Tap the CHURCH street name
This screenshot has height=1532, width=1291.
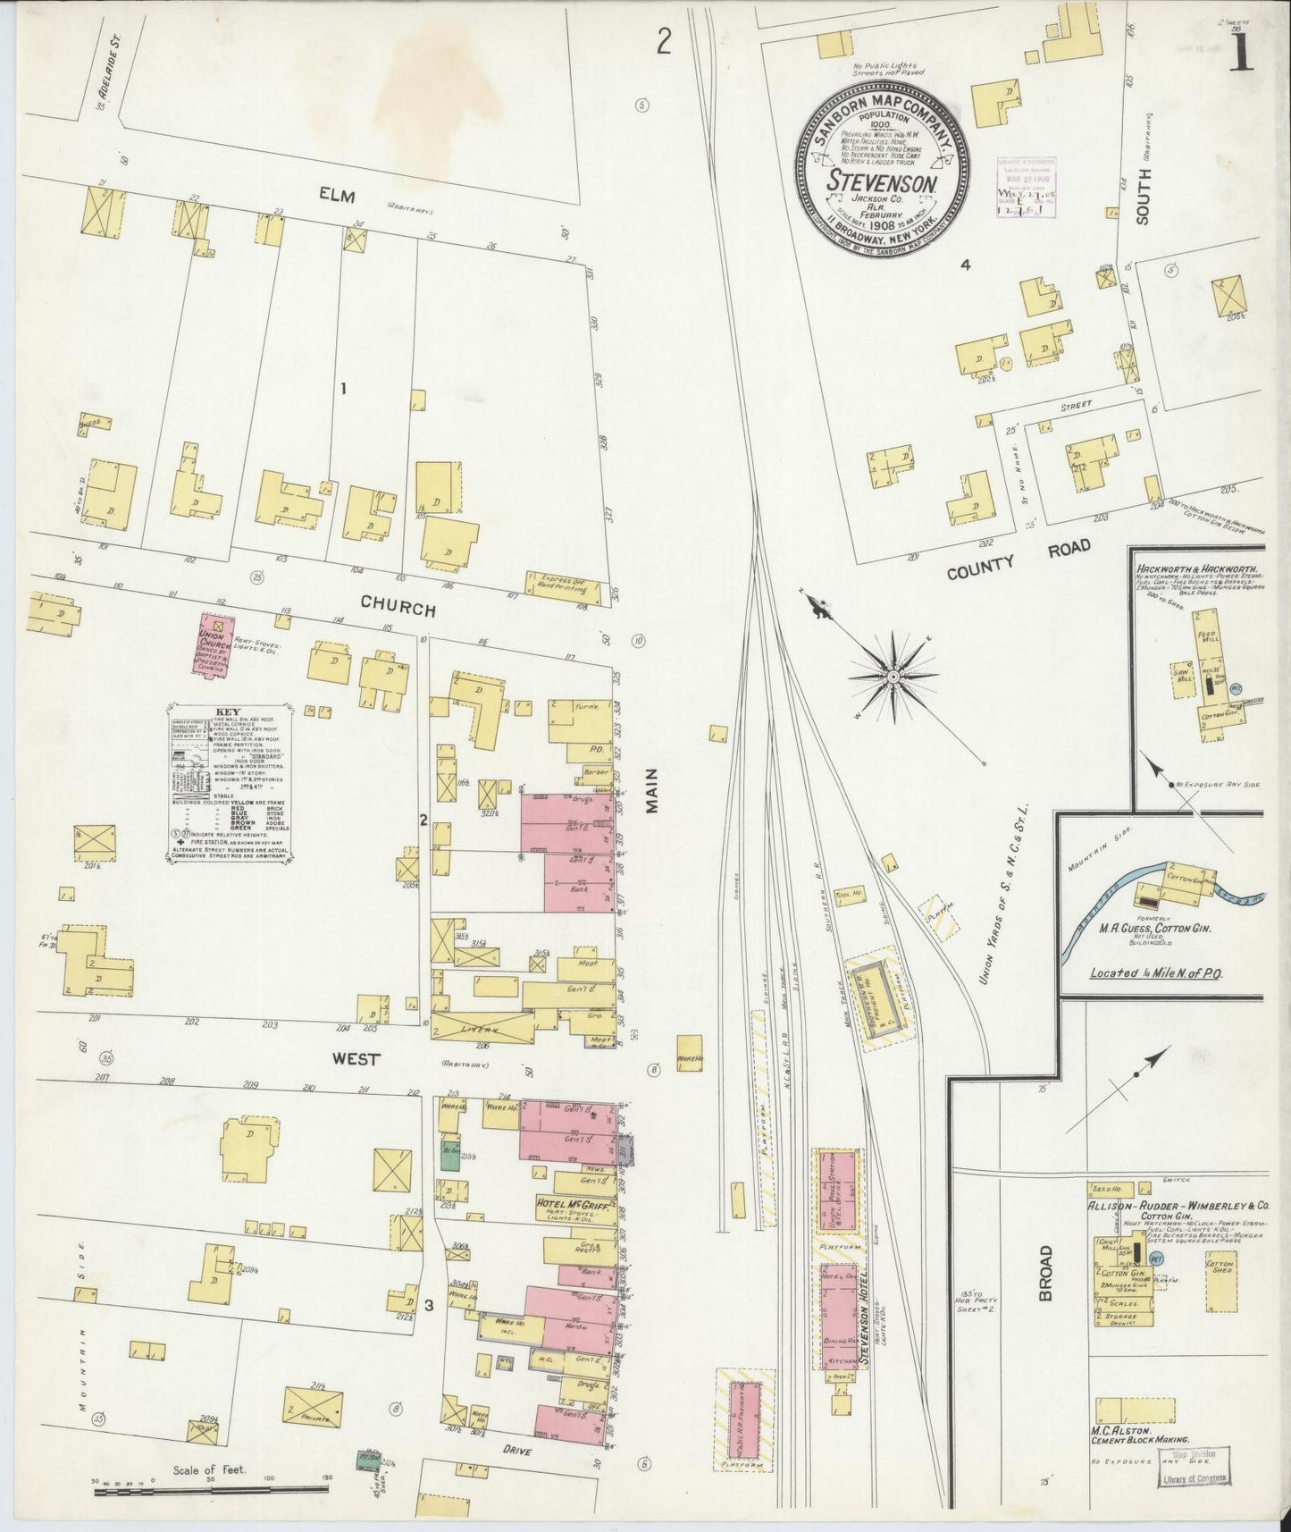coord(398,608)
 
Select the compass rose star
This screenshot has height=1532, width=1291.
coord(892,678)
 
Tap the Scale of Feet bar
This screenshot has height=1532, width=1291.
coord(211,1487)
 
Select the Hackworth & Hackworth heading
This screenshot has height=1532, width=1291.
coord(1198,568)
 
